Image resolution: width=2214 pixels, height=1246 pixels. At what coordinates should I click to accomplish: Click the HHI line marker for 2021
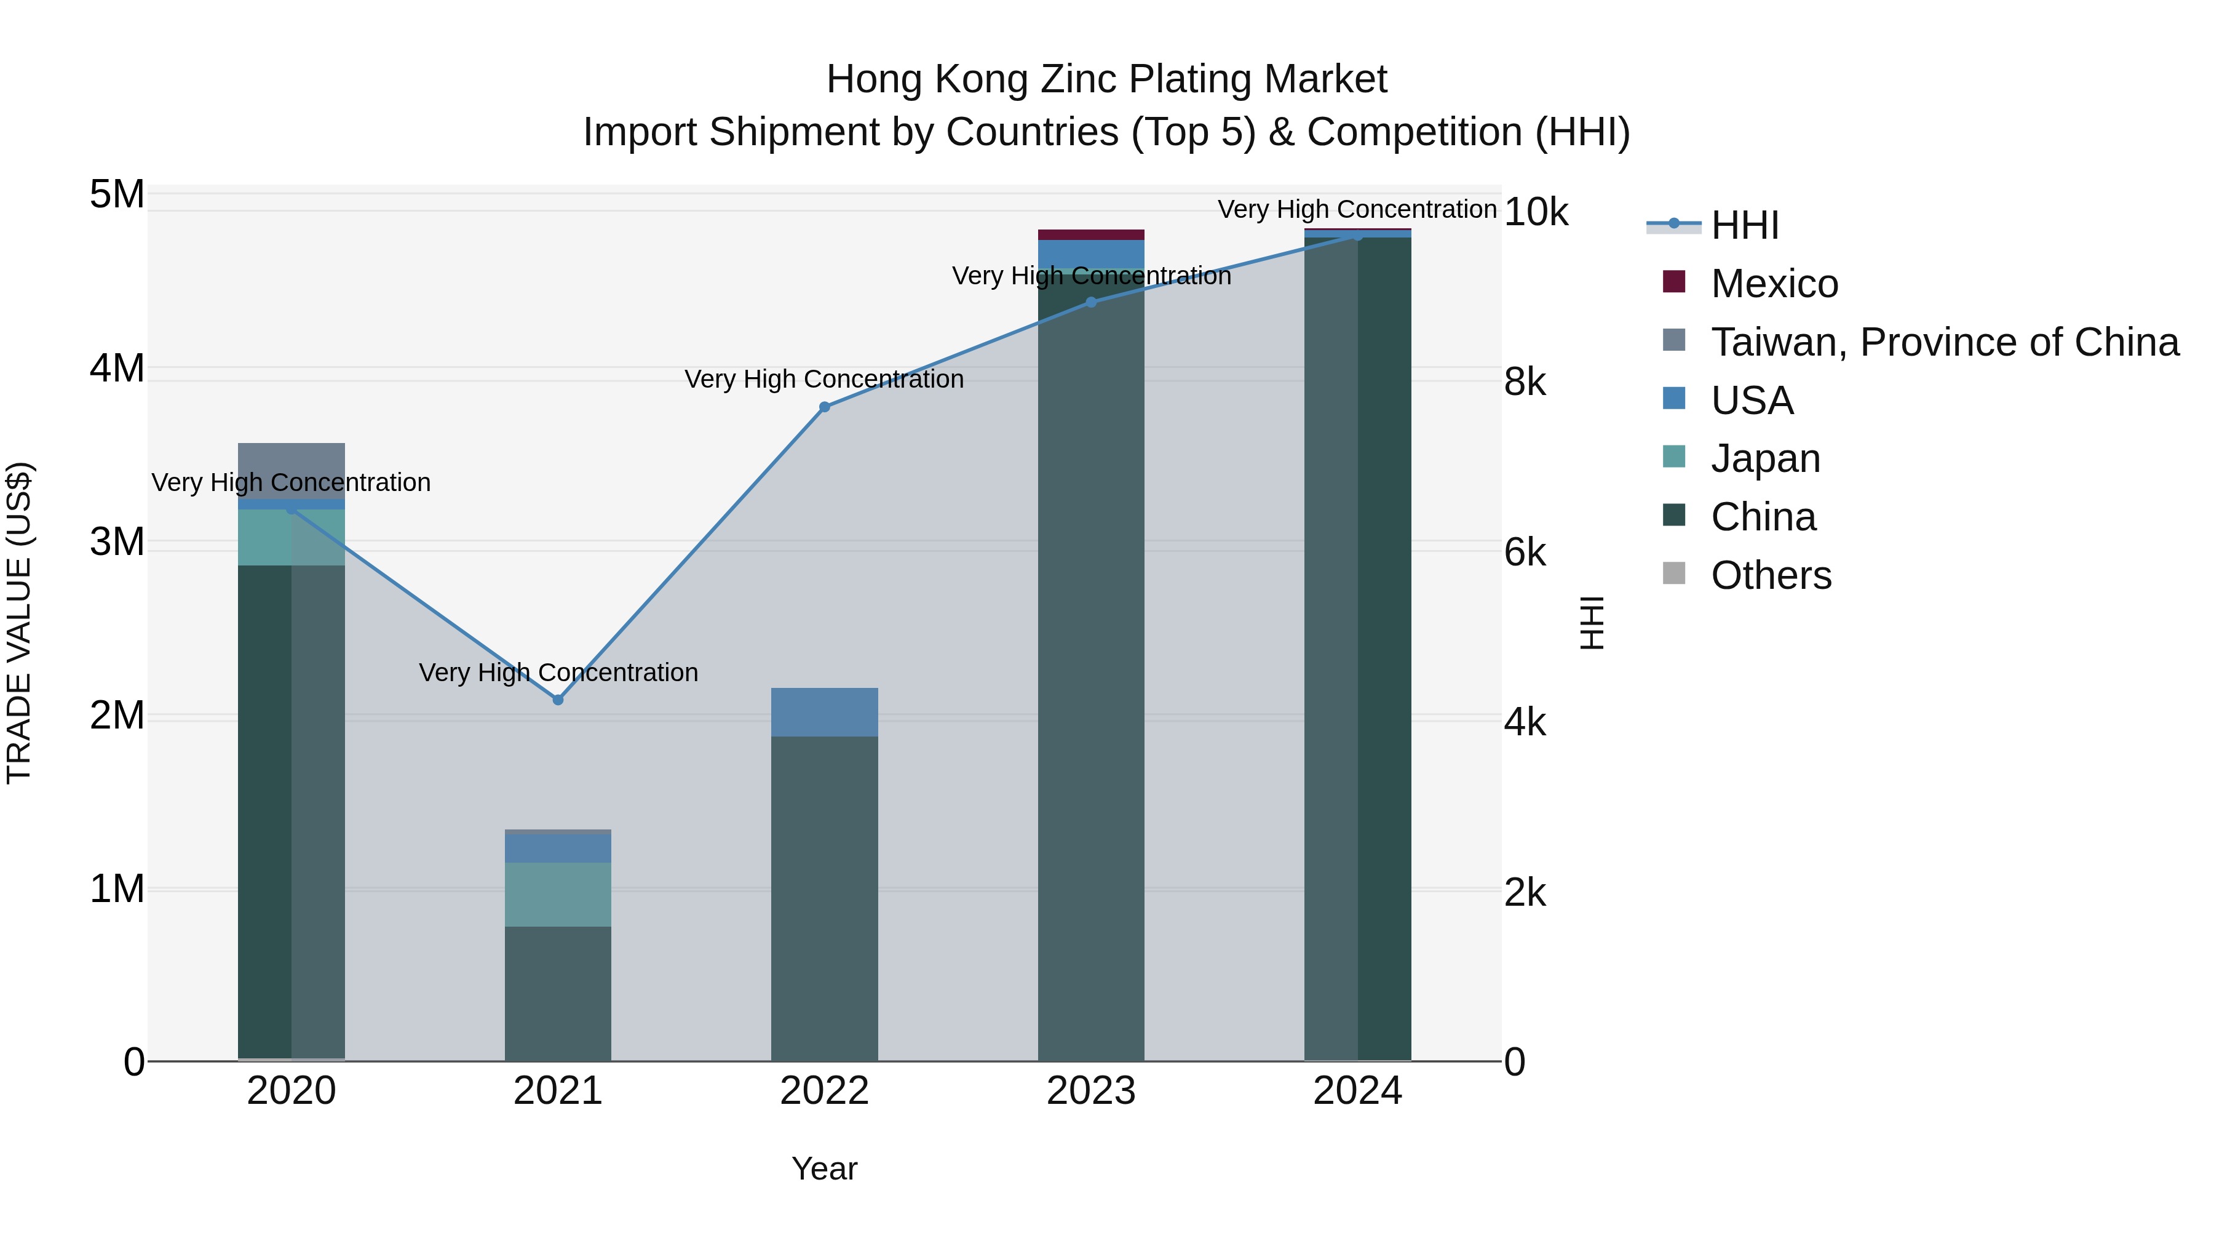[x=558, y=700]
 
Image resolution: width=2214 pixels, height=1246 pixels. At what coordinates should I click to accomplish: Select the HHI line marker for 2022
[x=824, y=407]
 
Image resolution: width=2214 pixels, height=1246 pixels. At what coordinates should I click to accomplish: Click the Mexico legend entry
[x=1774, y=284]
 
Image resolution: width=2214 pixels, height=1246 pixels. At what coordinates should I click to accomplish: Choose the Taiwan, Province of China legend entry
[x=1944, y=342]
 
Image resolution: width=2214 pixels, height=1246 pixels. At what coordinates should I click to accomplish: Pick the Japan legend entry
[x=1764, y=458]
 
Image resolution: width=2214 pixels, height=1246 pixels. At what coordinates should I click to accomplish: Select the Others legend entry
[x=1771, y=575]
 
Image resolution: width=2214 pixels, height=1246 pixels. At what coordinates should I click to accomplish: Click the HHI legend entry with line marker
[x=1744, y=225]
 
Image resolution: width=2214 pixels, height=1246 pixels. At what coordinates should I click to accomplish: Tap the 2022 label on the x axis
[x=824, y=1091]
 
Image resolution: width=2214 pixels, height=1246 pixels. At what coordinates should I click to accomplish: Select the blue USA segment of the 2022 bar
[x=824, y=712]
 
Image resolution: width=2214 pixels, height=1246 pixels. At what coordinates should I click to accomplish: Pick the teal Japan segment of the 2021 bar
[x=558, y=894]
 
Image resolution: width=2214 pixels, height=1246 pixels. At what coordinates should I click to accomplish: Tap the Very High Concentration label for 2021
[x=558, y=673]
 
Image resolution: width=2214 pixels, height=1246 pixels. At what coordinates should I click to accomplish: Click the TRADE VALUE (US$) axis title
[x=19, y=623]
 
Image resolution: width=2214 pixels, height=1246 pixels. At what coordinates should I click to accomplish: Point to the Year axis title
[x=824, y=1168]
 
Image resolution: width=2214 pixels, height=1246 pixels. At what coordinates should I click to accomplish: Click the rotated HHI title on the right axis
[x=1592, y=623]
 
